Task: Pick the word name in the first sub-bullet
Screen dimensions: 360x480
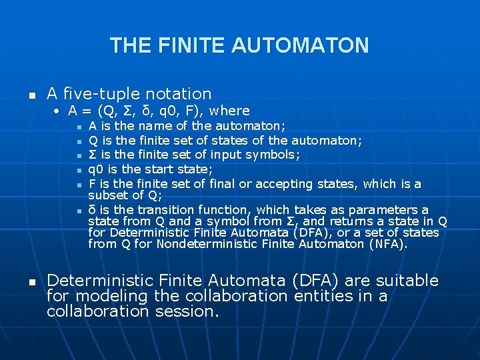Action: click(155, 126)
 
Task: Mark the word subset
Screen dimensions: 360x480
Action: click(109, 195)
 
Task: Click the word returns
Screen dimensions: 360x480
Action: click(352, 221)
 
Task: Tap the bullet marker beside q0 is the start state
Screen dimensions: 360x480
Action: click(79, 170)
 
